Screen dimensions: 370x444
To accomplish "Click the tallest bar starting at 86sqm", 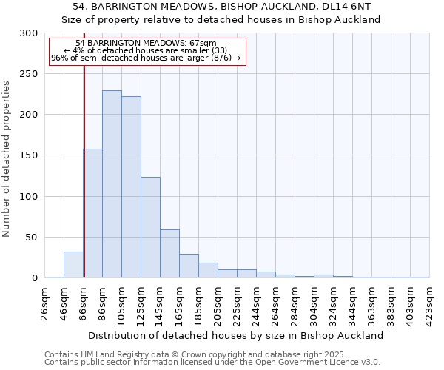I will pyautogui.click(x=112, y=184).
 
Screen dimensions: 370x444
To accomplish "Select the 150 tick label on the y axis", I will pyautogui.click(x=28, y=156).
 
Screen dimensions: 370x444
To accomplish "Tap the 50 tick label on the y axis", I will pyautogui.click(x=31, y=238).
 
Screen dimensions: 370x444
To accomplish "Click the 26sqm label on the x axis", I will pyautogui.click(x=45, y=302).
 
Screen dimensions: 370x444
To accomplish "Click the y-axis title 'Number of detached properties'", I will pyautogui.click(x=7, y=159).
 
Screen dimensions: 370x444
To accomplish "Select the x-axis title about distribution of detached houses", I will pyautogui.click(x=235, y=335).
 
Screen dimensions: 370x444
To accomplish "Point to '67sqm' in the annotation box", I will pyautogui.click(x=202, y=44).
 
